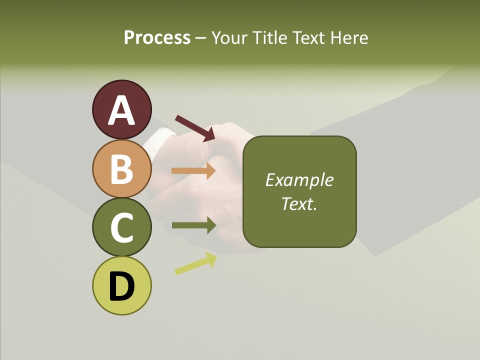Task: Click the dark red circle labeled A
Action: tap(121, 109)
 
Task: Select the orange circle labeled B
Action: tap(121, 168)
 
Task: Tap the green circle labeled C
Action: tap(121, 227)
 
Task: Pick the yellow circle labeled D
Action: tap(121, 285)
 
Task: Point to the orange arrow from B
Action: tap(193, 171)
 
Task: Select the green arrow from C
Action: tap(193, 225)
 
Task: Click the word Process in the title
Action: tap(157, 38)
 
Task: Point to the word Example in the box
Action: tap(299, 180)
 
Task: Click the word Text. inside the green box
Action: tap(299, 203)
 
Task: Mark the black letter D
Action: tap(121, 286)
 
